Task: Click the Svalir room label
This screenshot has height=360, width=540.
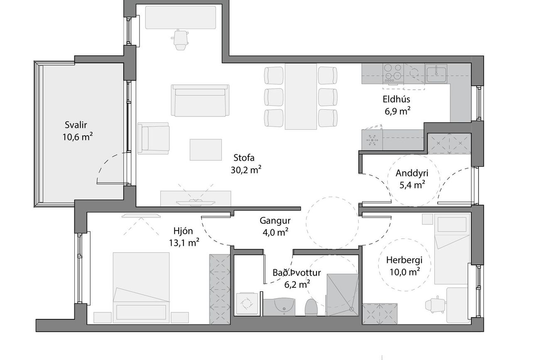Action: point(76,125)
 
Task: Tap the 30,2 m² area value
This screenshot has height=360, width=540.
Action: point(246,170)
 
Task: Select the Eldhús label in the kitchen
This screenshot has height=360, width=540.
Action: point(396,99)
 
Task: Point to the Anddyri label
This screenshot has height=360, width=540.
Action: point(412,173)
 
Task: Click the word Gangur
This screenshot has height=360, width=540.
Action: point(275,220)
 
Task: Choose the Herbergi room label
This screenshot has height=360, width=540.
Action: point(404,260)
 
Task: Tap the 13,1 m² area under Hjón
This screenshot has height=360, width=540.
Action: point(184,242)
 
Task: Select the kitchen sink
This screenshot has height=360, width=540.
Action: point(436,74)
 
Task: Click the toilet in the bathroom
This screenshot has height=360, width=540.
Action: point(311,307)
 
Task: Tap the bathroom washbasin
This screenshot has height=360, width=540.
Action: point(285,307)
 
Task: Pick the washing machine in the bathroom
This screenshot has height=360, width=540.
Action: point(247,304)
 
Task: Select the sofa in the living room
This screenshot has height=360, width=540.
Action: point(200,100)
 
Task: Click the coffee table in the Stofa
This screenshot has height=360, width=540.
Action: point(206,149)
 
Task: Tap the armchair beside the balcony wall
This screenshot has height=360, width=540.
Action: point(153,138)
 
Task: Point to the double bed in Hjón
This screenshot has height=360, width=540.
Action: point(141,287)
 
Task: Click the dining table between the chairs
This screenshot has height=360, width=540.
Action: point(301,96)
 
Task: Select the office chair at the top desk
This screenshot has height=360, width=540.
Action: point(179,40)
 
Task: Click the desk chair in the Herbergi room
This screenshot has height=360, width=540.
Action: point(435,306)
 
